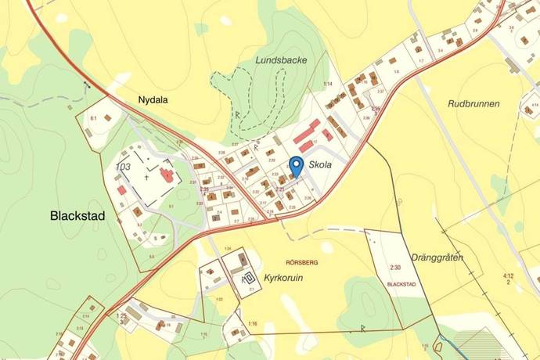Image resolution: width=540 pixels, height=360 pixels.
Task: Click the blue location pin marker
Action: (x=297, y=167)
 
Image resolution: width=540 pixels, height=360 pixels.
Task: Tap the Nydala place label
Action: (x=153, y=100)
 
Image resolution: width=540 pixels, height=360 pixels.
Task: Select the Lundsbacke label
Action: (x=280, y=59)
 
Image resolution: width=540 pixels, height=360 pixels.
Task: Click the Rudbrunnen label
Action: (x=473, y=103)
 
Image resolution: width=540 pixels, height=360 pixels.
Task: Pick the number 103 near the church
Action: (x=123, y=167)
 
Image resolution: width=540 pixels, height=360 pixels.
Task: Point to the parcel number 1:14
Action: (x=329, y=84)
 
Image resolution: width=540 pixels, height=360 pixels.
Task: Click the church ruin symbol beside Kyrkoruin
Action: (x=250, y=277)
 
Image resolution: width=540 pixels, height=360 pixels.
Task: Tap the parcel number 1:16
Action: (x=252, y=323)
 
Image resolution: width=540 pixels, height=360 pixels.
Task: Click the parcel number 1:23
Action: (x=121, y=315)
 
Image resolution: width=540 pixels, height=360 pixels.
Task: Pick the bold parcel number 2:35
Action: (x=205, y=189)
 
